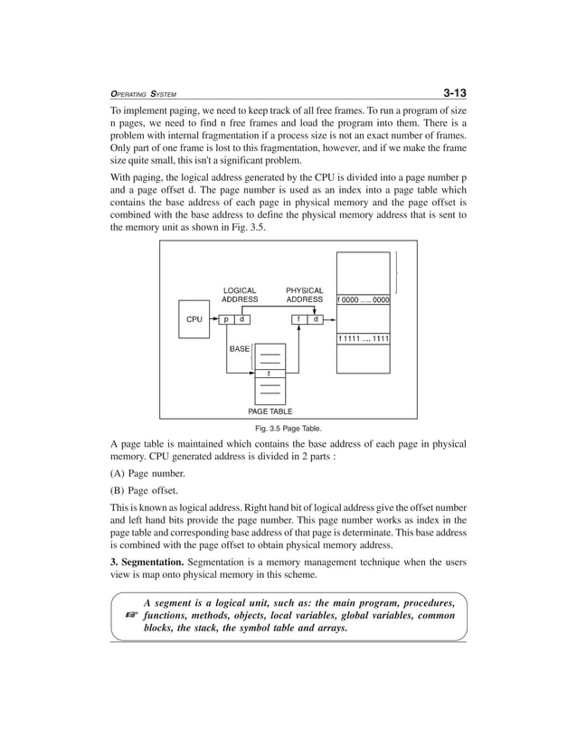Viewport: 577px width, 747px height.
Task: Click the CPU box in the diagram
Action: [194, 320]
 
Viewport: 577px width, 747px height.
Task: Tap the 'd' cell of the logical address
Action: [242, 319]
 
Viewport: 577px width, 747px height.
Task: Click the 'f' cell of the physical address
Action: [298, 319]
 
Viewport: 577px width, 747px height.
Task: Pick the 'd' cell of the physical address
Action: [315, 319]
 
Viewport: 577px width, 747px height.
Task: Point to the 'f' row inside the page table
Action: [268, 373]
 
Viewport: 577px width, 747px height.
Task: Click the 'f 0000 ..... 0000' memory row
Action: [364, 299]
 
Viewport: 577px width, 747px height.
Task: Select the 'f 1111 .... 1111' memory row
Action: [364, 339]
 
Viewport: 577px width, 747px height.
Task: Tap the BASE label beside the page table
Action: [239, 349]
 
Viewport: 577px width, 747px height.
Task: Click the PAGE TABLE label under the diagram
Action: [270, 411]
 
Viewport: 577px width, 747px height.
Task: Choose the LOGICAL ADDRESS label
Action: [240, 295]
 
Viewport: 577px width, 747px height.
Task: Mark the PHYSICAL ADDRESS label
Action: [304, 295]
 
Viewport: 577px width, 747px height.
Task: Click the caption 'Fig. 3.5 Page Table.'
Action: [288, 428]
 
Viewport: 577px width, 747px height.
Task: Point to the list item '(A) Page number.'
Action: [148, 474]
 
